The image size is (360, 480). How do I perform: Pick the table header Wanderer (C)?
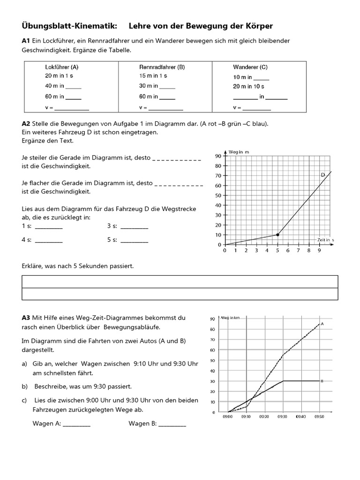coord(250,67)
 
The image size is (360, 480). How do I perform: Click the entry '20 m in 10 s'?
coord(248,86)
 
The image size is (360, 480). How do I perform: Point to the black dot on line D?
coord(277,234)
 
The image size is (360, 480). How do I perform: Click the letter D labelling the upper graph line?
coord(323,175)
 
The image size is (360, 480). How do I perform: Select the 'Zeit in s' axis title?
coord(325,240)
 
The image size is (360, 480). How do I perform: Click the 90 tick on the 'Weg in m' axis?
coord(218,156)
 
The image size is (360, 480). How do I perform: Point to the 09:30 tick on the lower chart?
coord(283,416)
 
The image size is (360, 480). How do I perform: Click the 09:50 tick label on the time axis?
coord(319,416)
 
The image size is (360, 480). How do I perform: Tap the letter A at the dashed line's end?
coord(323,323)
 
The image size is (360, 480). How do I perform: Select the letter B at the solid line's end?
coord(322,381)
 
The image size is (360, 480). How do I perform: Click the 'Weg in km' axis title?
coord(230,318)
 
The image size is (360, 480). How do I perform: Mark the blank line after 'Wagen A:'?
coord(76,425)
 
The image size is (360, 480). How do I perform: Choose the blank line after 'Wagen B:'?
coord(172,425)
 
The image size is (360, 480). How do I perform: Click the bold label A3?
coord(26,318)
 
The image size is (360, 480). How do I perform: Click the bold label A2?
coord(26,124)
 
